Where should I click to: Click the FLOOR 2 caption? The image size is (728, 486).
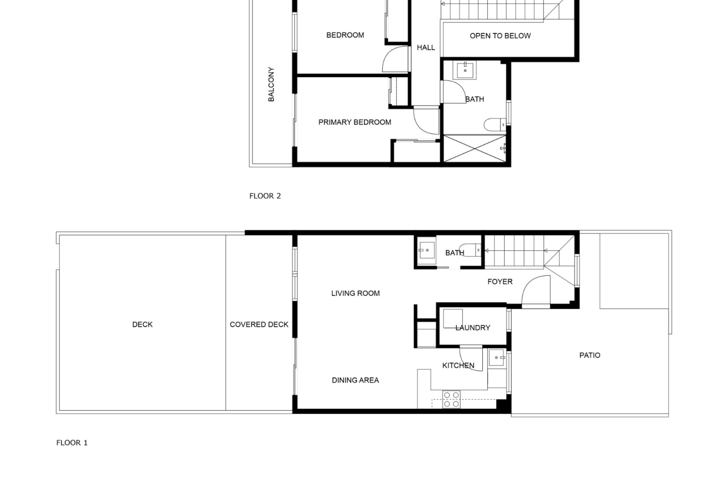(265, 196)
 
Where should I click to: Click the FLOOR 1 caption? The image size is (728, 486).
(72, 443)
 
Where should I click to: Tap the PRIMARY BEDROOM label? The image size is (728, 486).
(355, 122)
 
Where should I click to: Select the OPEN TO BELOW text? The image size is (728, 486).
(500, 36)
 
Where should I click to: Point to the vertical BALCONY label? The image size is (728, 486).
(271, 84)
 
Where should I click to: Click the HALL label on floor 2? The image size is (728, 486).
(426, 47)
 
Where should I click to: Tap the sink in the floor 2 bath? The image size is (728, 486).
(464, 70)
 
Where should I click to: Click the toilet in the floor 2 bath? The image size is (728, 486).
(495, 124)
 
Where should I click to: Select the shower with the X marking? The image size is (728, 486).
(475, 148)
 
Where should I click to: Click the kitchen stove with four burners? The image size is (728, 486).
(451, 400)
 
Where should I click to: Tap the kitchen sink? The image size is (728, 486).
(497, 358)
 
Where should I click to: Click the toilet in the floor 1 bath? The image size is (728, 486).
(470, 250)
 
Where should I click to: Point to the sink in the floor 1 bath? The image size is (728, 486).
(427, 251)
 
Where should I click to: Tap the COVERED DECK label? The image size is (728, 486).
(259, 325)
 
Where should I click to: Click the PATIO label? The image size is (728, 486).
(590, 355)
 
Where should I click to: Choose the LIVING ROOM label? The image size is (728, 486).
(355, 293)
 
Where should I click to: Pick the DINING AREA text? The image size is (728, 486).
(355, 380)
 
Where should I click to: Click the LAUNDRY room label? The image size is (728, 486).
(473, 328)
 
